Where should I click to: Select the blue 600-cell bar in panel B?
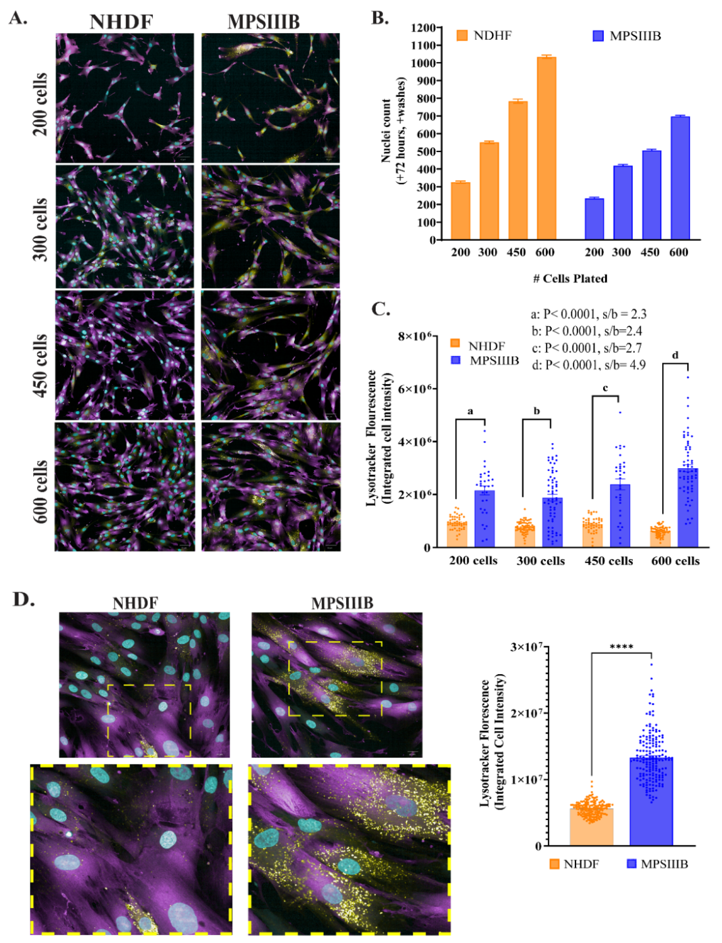tap(680, 178)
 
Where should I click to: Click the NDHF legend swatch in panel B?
tap(462, 35)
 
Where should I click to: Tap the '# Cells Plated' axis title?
tap(570, 279)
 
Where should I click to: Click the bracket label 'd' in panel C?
tap(675, 355)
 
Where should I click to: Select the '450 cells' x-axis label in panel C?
tap(609, 561)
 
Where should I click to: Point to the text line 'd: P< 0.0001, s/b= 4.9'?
tap(589, 365)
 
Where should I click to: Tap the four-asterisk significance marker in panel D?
tap(621, 647)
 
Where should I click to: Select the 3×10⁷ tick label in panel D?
tap(526, 647)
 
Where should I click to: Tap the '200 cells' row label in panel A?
tap(40, 104)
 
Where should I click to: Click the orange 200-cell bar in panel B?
tap(460, 211)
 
